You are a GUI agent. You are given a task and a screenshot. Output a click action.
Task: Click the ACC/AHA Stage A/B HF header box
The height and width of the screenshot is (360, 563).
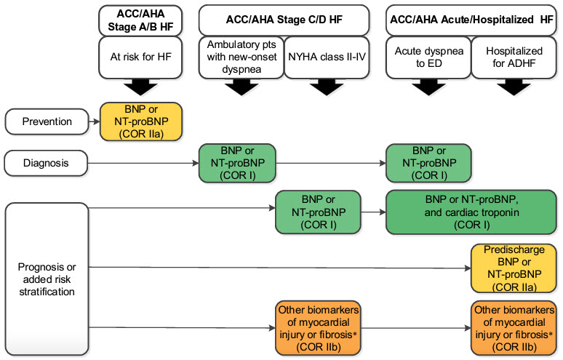tap(140, 20)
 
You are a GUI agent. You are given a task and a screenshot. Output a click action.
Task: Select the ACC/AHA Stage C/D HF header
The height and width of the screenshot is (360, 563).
tap(284, 20)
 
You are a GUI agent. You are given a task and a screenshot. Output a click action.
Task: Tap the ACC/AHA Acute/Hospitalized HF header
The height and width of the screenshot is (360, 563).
tap(471, 20)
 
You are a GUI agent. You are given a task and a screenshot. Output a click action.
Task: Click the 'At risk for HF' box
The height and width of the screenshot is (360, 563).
tap(140, 57)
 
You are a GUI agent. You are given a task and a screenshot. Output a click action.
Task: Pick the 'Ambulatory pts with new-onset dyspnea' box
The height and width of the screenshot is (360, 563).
tap(241, 57)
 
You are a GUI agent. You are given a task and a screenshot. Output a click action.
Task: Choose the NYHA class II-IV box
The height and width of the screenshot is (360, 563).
tap(327, 57)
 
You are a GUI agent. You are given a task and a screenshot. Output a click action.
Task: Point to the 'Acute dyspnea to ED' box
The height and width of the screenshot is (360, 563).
tap(428, 57)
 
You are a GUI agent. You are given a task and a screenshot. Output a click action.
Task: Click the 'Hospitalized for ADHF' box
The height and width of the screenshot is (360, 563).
tap(514, 57)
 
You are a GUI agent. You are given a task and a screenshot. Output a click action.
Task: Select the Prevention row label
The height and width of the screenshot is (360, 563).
tap(47, 121)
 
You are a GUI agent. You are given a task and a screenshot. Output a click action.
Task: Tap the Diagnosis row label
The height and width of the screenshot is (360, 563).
tap(46, 164)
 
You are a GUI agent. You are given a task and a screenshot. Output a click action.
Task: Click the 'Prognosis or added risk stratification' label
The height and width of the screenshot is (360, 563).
tap(47, 279)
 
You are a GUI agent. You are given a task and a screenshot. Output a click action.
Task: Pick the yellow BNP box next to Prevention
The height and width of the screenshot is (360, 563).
tap(141, 121)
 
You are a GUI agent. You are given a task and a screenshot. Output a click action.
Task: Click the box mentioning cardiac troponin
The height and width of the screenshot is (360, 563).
tap(471, 212)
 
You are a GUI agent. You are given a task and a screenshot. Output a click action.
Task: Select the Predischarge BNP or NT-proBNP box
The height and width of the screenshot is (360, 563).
tap(514, 268)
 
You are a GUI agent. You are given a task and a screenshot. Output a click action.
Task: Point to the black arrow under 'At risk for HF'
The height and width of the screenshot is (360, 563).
tap(140, 88)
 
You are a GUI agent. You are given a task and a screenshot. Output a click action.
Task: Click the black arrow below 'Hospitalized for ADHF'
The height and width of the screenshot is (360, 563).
tap(514, 88)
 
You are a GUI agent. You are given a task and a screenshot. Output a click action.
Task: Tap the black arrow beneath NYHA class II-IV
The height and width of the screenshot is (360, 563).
tap(327, 88)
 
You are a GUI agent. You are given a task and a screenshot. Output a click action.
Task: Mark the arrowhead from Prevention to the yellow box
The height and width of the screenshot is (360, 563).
tap(97, 121)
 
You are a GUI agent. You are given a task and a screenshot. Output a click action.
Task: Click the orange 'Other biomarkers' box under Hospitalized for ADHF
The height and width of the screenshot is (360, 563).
tap(514, 328)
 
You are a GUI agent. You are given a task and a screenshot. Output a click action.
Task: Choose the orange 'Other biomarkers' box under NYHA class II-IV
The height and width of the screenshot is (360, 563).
tap(318, 328)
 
